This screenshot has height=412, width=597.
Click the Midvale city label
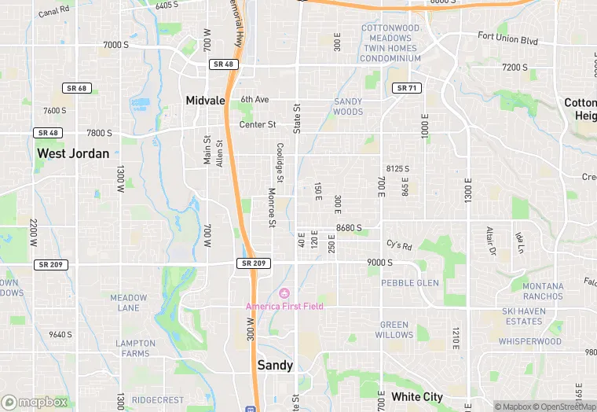pyautogui.click(x=205, y=101)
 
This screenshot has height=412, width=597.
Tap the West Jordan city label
pyautogui.click(x=73, y=153)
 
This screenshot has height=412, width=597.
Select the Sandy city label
pyautogui.click(x=275, y=365)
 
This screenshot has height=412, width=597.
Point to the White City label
pyautogui.click(x=417, y=396)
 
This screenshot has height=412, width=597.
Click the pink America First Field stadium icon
pyautogui.click(x=284, y=293)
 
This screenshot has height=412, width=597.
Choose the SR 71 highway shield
pyautogui.click(x=406, y=88)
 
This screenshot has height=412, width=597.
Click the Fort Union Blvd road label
pyautogui.click(x=507, y=37)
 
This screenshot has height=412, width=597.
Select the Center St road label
pyautogui.click(x=258, y=124)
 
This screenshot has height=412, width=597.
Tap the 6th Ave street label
pyautogui.click(x=255, y=100)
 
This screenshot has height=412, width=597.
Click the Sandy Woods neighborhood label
pyautogui.click(x=348, y=106)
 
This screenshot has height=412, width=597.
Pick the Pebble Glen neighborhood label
pyautogui.click(x=410, y=283)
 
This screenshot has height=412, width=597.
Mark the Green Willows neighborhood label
pyautogui.click(x=395, y=329)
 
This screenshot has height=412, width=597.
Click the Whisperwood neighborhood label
pyautogui.click(x=529, y=342)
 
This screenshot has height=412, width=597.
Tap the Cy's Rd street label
pyautogui.click(x=399, y=244)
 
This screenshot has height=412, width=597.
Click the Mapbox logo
pyautogui.click(x=35, y=402)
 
